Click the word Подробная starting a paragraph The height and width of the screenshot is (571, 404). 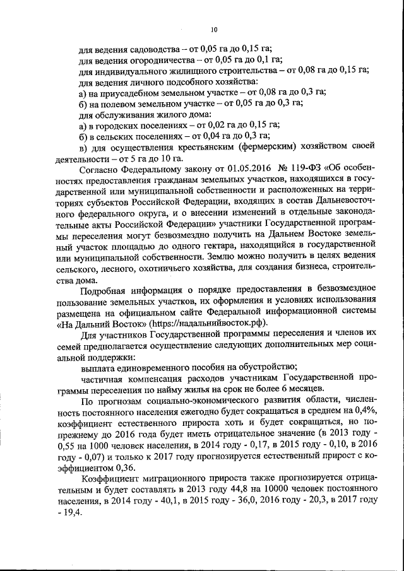(x=107, y=289)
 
